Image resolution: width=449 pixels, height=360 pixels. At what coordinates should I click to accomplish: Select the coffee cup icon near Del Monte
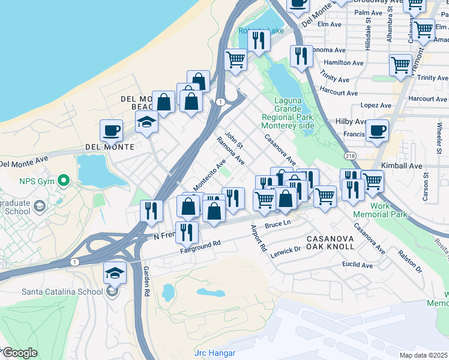click(x=112, y=130)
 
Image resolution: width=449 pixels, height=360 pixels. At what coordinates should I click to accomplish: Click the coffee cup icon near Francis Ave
click(x=377, y=130)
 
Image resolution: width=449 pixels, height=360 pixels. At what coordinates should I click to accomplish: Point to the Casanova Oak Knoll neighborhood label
click(x=333, y=242)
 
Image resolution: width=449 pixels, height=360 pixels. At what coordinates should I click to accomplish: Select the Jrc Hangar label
click(x=215, y=353)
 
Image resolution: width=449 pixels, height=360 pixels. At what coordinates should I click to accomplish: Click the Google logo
click(x=19, y=353)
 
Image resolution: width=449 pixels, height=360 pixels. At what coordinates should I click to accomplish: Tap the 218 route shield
click(x=350, y=155)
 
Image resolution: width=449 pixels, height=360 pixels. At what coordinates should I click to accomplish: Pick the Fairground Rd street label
click(x=200, y=247)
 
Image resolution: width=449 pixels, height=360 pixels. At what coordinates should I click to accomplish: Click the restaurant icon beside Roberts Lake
click(x=259, y=40)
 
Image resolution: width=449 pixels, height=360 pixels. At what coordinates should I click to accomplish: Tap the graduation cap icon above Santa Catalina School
click(x=115, y=273)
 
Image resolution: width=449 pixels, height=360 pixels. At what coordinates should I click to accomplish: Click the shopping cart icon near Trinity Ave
click(x=400, y=65)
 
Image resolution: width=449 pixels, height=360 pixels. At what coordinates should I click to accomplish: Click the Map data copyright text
click(x=424, y=355)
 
